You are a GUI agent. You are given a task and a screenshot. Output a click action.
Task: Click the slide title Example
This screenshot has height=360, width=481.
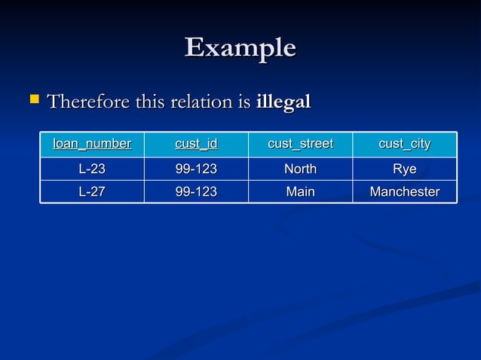(240, 48)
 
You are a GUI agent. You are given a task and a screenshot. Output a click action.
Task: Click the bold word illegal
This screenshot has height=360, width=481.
(283, 101)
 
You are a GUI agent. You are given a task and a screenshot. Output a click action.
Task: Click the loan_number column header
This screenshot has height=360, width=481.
(92, 144)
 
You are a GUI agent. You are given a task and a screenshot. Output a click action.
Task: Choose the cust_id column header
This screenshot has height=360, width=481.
(196, 144)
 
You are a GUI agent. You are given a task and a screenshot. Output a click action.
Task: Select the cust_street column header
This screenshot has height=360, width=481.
(300, 144)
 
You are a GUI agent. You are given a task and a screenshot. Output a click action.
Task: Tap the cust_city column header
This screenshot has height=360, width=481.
(404, 144)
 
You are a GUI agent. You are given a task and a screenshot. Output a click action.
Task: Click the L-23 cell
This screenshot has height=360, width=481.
(92, 169)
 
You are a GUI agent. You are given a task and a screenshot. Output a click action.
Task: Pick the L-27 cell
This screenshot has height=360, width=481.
(92, 192)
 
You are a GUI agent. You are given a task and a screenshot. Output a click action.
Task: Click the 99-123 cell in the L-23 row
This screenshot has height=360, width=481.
(196, 169)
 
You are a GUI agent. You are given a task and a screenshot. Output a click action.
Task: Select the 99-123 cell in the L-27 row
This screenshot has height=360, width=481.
(196, 192)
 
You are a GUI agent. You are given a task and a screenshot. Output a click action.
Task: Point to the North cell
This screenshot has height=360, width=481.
(300, 169)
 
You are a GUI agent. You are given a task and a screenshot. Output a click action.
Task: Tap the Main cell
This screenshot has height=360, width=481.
(300, 192)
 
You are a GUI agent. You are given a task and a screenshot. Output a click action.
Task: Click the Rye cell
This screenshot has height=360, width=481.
(404, 169)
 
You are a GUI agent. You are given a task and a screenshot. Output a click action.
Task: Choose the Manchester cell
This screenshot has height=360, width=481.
(404, 192)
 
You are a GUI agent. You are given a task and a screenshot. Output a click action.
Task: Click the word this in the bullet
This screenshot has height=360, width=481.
(151, 101)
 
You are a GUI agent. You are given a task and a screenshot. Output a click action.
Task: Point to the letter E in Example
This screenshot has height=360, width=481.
(195, 47)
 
